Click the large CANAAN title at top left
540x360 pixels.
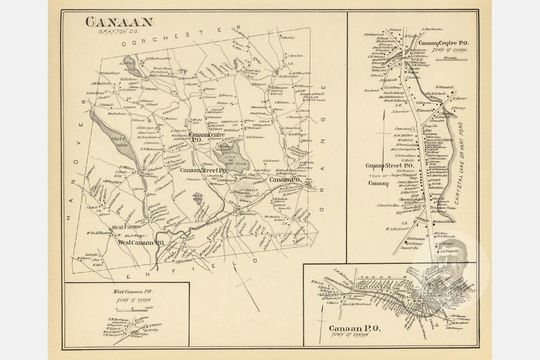tap(119, 22)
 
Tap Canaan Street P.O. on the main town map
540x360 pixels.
tap(203, 170)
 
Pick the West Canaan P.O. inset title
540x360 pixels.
tap(133, 292)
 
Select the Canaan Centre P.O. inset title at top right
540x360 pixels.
tap(443, 43)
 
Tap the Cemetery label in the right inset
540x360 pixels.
tap(405, 129)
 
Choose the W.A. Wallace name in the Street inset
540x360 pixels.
tap(397, 229)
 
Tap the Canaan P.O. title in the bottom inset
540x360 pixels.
tap(354, 328)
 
